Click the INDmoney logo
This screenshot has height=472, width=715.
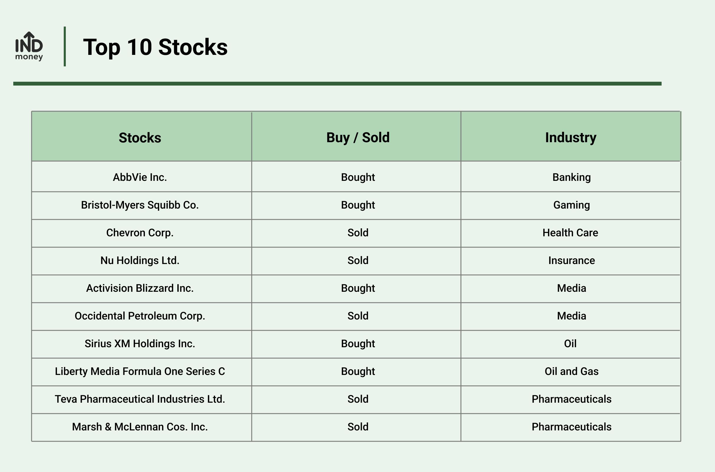click(29, 46)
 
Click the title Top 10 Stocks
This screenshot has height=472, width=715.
click(155, 47)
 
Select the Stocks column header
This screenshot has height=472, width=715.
click(140, 137)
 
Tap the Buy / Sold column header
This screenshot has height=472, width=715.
click(358, 137)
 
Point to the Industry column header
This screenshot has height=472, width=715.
click(571, 137)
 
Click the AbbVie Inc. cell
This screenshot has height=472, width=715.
click(140, 177)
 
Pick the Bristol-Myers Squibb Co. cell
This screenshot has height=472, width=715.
click(140, 205)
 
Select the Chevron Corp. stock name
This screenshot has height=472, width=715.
click(140, 233)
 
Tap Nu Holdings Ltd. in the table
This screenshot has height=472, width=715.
click(140, 260)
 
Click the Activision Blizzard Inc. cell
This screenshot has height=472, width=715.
click(140, 288)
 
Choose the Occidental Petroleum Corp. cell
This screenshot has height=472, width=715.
click(140, 316)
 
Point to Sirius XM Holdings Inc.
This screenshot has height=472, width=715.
click(140, 343)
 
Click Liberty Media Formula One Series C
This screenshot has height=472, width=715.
click(140, 371)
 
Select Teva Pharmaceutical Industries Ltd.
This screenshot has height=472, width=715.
click(140, 399)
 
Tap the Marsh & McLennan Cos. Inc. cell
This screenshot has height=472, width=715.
click(140, 427)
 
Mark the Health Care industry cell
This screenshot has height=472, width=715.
click(570, 233)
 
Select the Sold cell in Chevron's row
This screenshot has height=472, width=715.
click(358, 233)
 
